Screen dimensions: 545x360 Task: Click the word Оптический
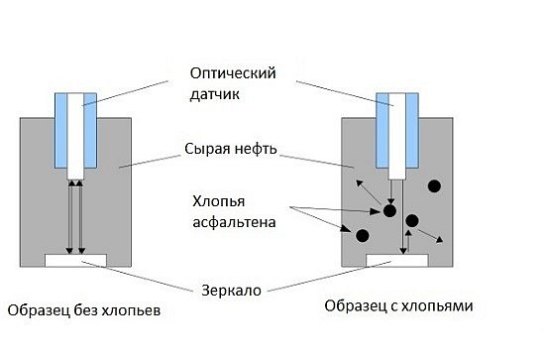[x=233, y=73]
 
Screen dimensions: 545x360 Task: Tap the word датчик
[x=214, y=94]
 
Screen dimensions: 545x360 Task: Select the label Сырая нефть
[x=231, y=149]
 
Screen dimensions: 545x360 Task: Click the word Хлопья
[x=219, y=201]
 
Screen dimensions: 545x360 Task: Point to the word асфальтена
[x=234, y=222]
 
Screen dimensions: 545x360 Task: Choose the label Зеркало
[x=231, y=291]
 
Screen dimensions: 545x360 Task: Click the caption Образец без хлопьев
[x=84, y=310]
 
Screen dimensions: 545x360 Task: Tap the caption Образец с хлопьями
[x=398, y=306]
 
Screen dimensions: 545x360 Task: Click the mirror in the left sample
[x=75, y=261]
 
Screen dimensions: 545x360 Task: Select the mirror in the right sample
[x=397, y=261]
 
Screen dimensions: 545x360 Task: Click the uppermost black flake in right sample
[x=434, y=186]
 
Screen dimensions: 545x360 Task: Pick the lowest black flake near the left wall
[x=362, y=236]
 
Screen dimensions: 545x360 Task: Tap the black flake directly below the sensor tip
[x=389, y=210]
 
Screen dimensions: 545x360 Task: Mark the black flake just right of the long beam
[x=412, y=220]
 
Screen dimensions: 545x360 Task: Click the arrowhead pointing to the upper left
[x=359, y=182]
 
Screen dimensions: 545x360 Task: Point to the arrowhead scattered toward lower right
[x=440, y=239]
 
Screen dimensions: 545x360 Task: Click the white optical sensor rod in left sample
[x=75, y=136]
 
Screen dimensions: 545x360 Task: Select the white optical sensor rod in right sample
[x=397, y=136]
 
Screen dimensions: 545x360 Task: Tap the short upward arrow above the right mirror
[x=408, y=241]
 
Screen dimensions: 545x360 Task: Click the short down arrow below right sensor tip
[x=391, y=191]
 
